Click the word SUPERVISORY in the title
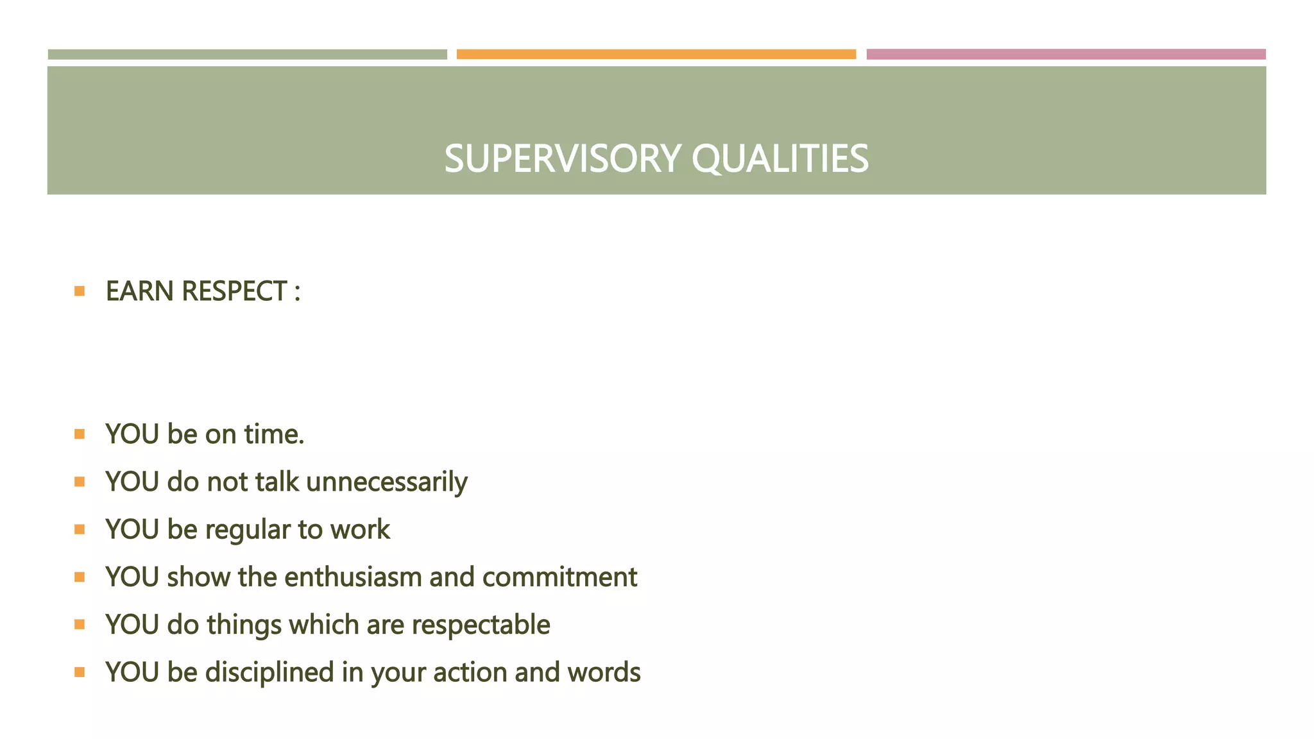(x=562, y=158)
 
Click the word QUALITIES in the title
(x=780, y=158)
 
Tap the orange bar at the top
(x=656, y=55)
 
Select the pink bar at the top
(x=1066, y=55)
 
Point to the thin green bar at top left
(x=247, y=55)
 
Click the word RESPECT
(x=234, y=291)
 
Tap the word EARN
(x=139, y=291)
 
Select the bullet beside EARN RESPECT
(x=80, y=291)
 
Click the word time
(x=274, y=434)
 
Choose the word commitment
(x=559, y=577)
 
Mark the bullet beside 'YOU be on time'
(x=80, y=434)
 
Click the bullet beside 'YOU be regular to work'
(x=80, y=530)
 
